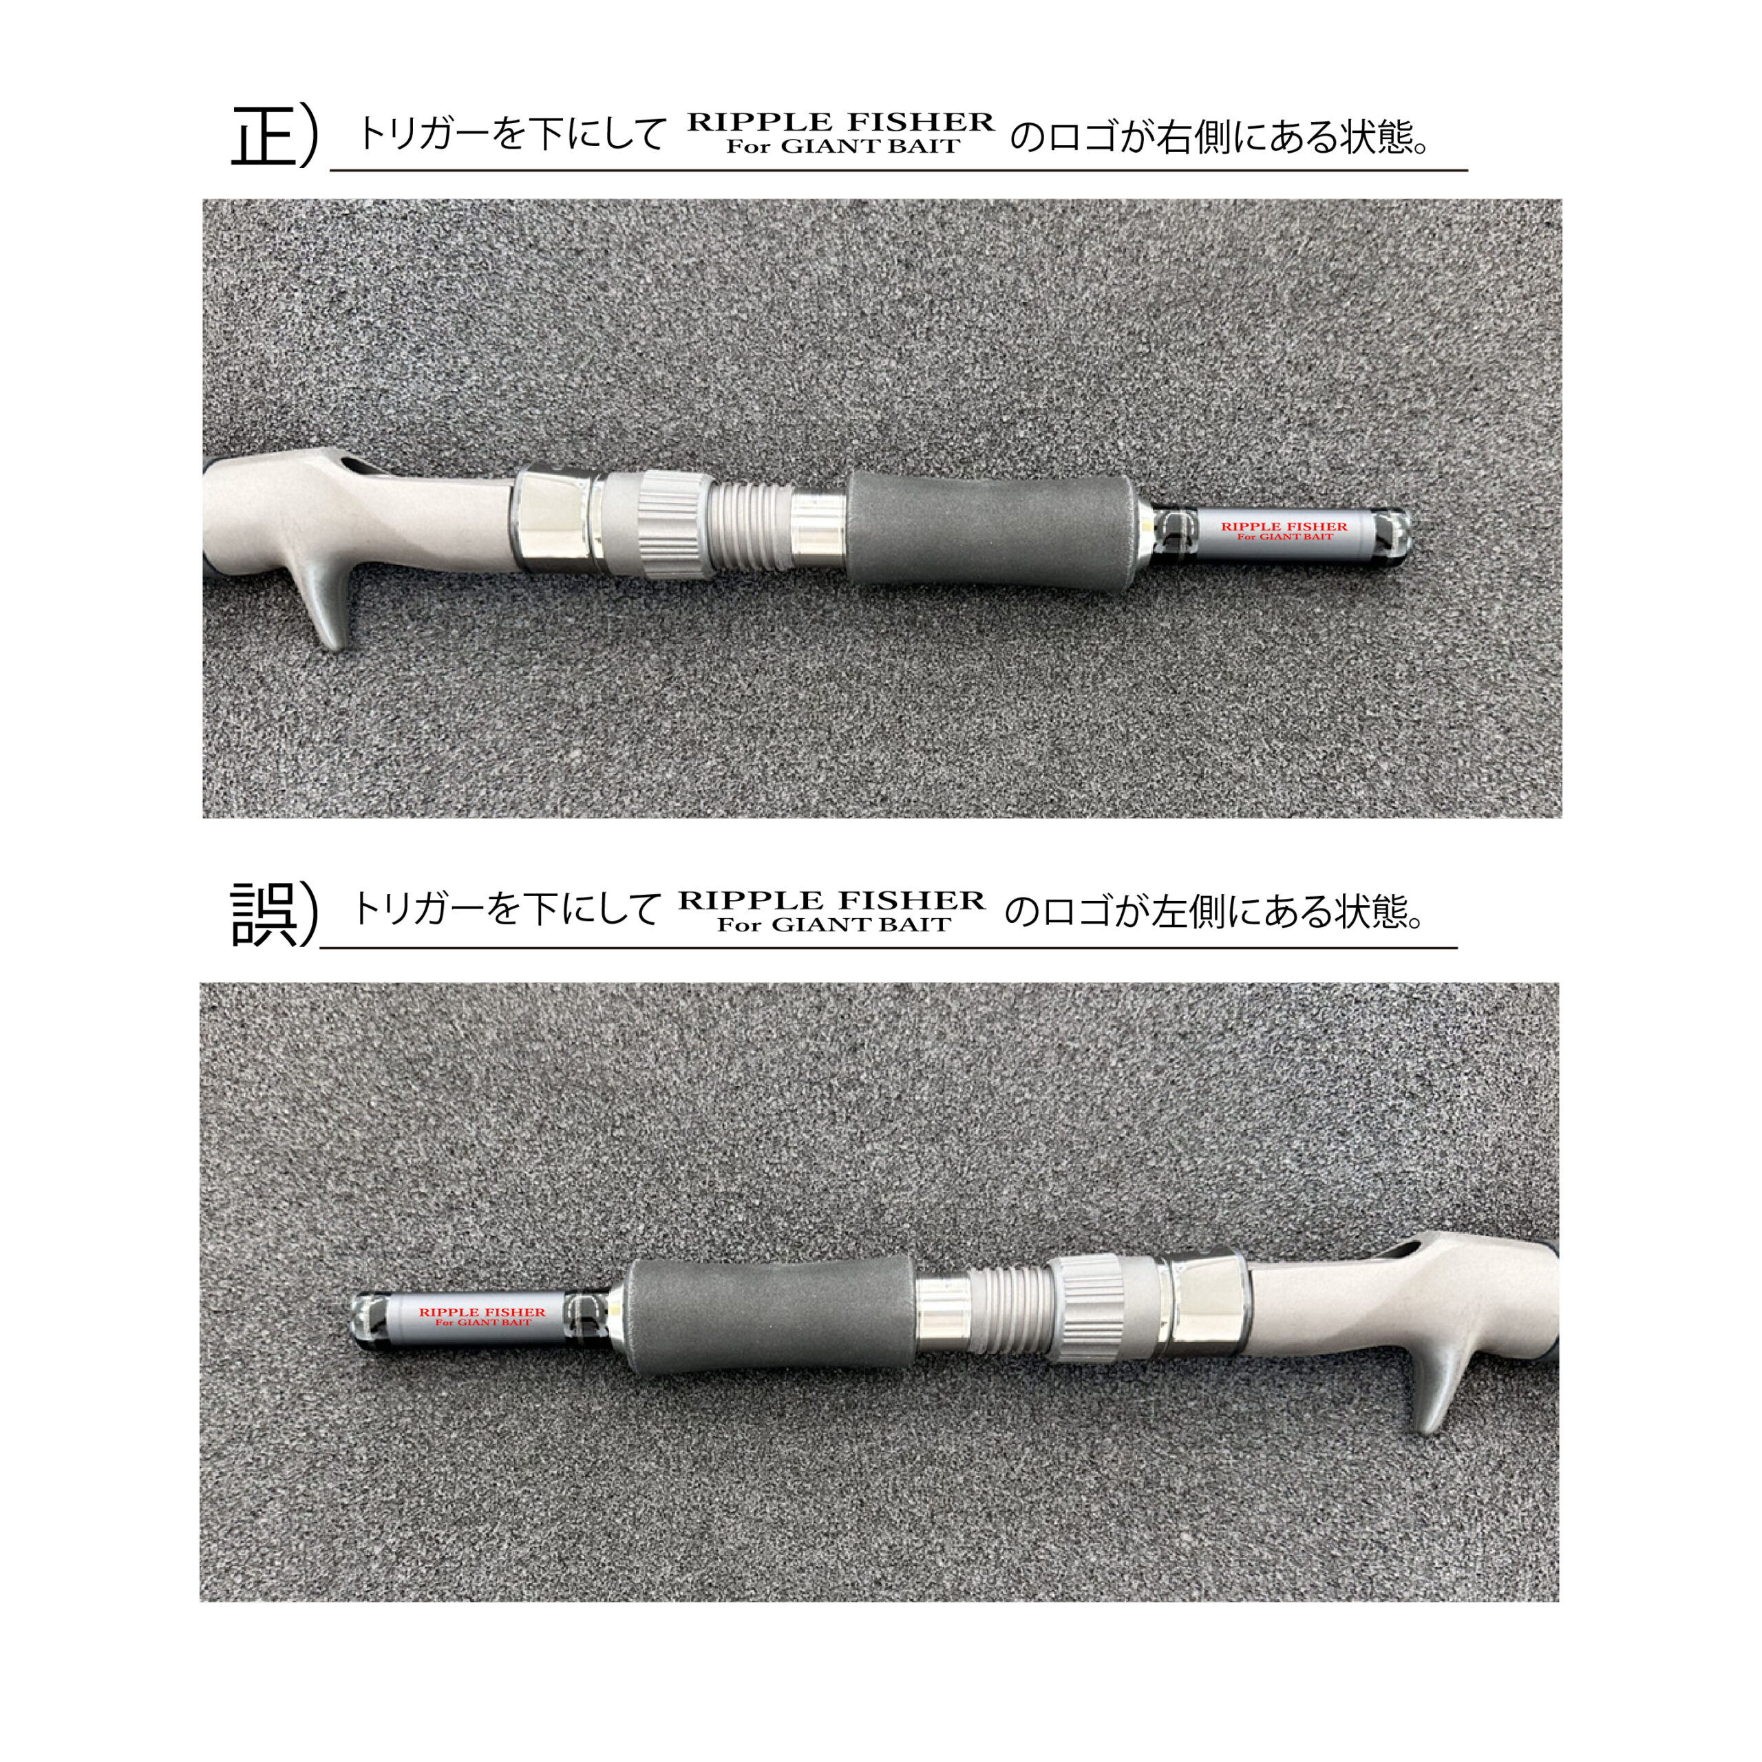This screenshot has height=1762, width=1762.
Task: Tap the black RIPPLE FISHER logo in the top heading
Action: (840, 133)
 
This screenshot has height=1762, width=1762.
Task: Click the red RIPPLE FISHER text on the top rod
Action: (1284, 527)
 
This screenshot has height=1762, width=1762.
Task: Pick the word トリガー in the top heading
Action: (425, 135)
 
